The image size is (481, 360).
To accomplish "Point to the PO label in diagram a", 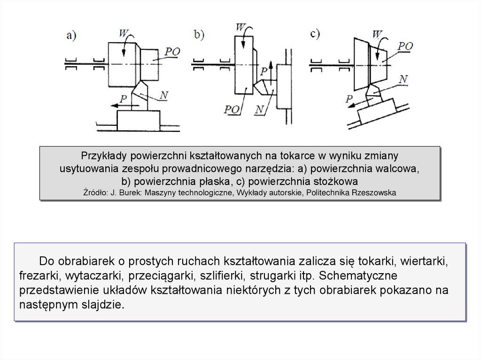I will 172,52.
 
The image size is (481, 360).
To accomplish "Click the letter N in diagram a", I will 164,96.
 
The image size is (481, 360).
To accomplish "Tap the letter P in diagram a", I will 124,98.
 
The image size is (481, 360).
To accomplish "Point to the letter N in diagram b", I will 260,110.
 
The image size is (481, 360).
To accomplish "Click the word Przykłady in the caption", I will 104,155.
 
